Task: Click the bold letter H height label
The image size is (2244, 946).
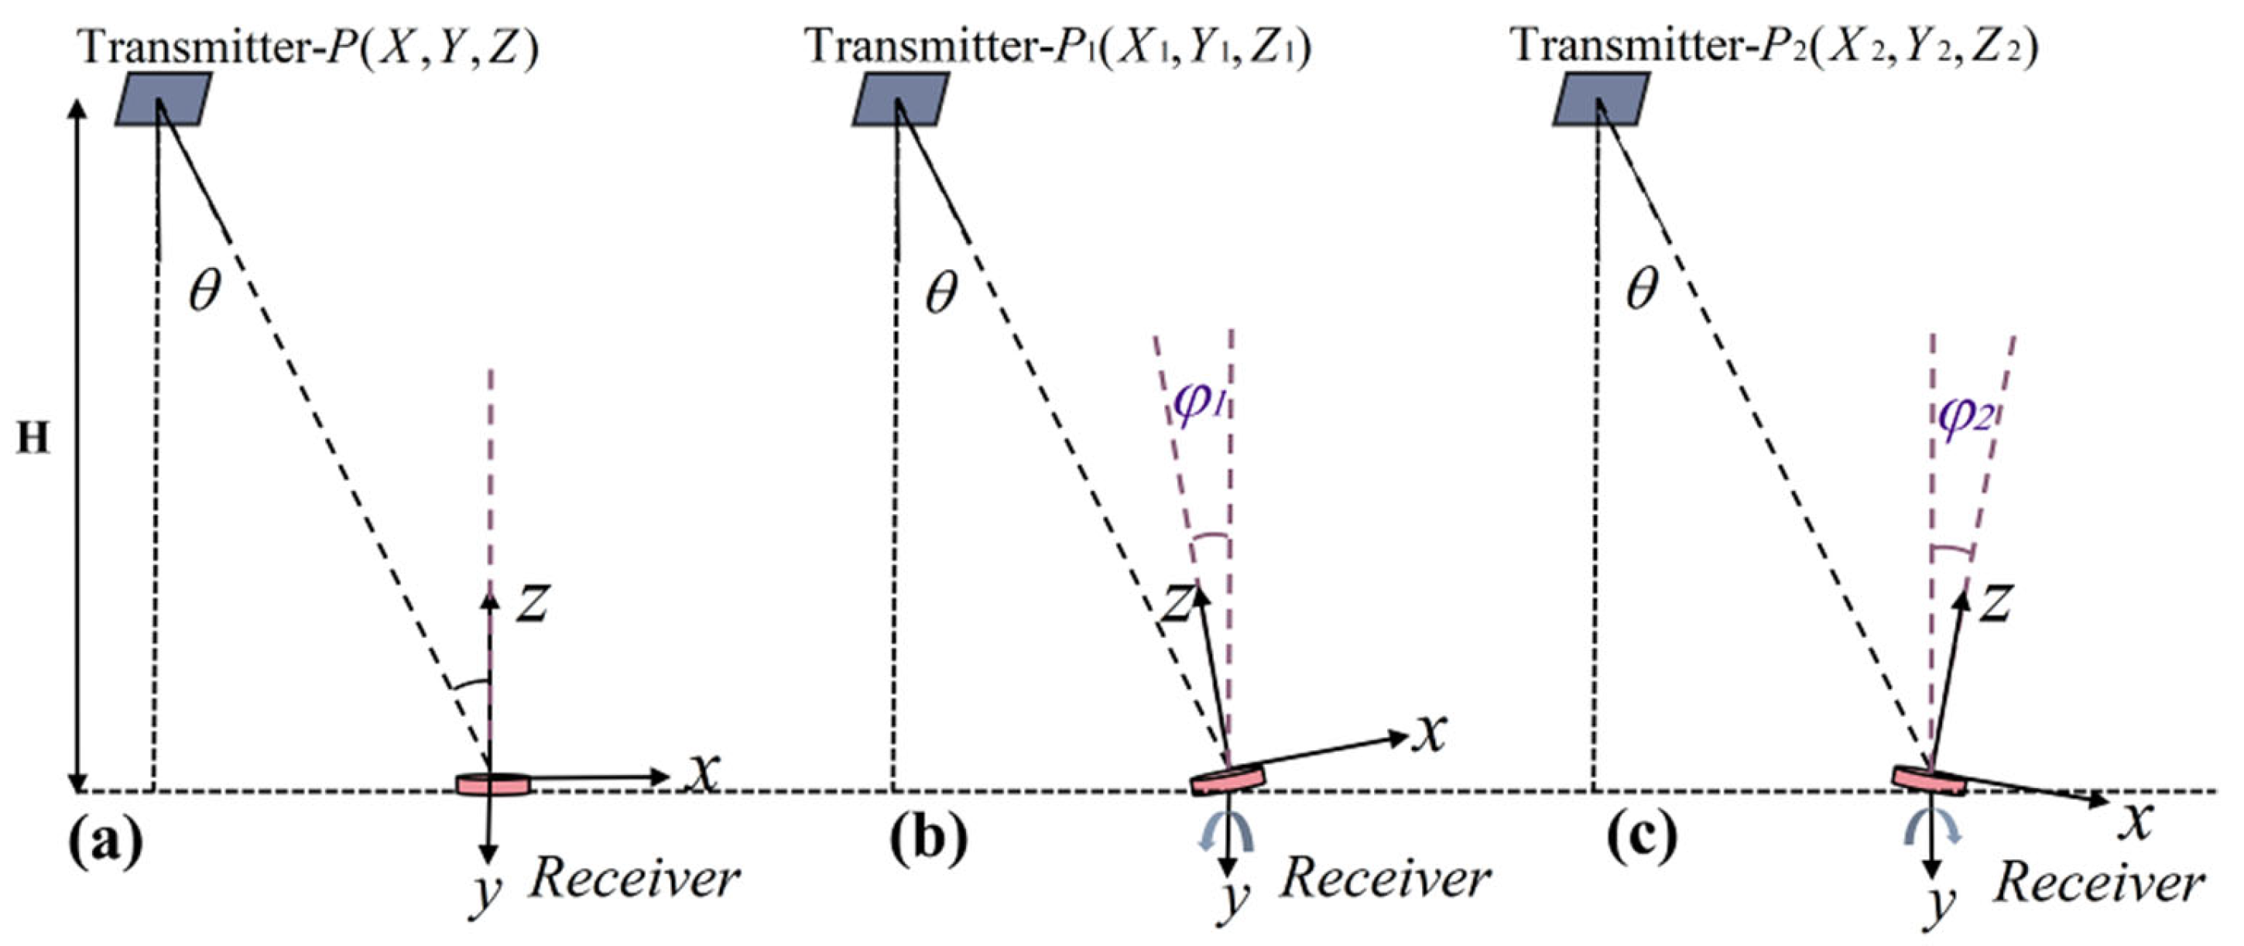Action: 33,440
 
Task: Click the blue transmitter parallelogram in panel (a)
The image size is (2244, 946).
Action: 164,99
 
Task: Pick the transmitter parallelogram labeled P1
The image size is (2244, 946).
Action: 900,99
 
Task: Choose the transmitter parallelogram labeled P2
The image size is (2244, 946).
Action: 1601,99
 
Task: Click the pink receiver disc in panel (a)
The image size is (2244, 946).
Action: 493,783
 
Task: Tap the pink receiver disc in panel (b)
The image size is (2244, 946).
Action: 1228,780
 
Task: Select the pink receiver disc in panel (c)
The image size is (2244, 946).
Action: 1929,780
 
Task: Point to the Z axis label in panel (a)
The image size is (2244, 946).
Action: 531,603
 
